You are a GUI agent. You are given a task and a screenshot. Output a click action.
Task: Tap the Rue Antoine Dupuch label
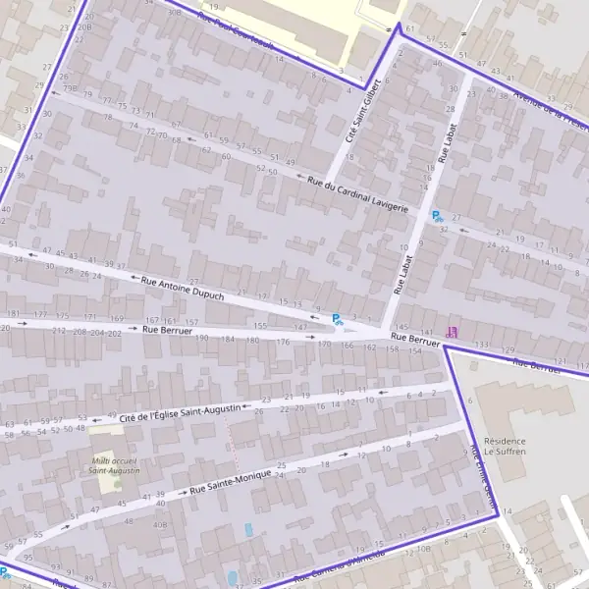tap(184, 288)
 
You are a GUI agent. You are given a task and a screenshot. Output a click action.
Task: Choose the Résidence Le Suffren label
tap(505, 447)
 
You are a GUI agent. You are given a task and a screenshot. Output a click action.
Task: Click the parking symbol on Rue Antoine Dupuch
tap(337, 318)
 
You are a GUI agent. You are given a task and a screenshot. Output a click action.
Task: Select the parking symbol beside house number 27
tap(437, 215)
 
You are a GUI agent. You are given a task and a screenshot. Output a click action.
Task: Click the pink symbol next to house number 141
tap(452, 332)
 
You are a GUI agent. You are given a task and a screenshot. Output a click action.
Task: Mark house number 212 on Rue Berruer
tap(59, 332)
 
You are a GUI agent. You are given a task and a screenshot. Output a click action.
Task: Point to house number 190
tap(202, 338)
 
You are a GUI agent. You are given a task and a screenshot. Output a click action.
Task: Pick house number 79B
tap(70, 88)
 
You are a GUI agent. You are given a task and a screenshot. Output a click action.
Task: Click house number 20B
tap(84, 28)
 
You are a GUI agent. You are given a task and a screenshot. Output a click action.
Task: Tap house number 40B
tap(159, 524)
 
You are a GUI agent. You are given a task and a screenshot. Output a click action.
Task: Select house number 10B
tap(423, 549)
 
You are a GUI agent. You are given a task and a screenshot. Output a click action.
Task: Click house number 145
tap(400, 326)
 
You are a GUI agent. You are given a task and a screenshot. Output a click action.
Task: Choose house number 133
tap(481, 346)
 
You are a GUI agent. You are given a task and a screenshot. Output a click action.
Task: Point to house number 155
tap(260, 325)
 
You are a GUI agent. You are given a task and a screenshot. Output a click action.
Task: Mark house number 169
tap(118, 318)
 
